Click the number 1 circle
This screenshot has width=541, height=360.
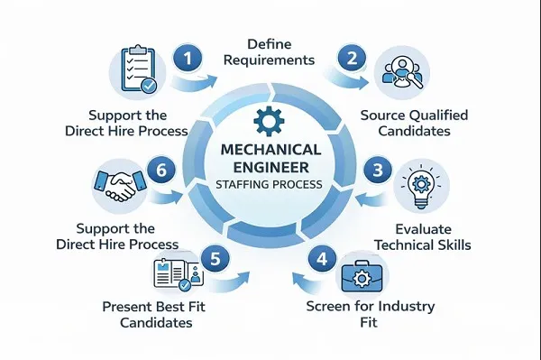click(188, 59)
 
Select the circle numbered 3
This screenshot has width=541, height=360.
click(377, 170)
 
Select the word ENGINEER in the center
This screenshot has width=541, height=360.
click(268, 168)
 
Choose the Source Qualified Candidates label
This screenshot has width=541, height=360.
click(414, 125)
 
